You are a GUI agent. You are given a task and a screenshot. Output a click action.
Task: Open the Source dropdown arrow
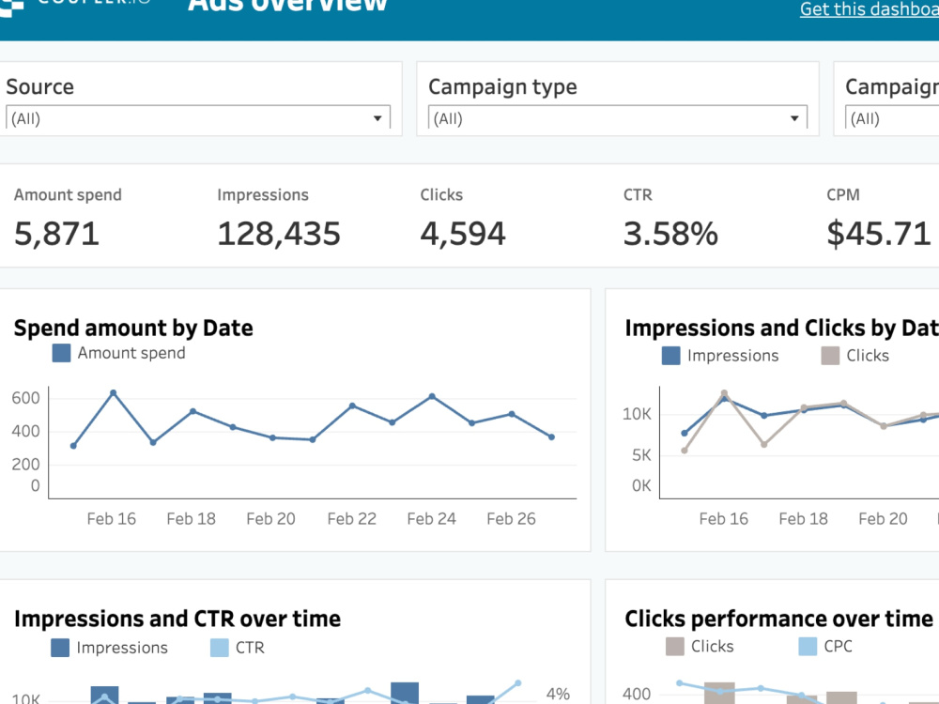coord(377,119)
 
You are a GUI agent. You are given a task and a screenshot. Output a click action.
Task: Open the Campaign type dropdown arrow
coord(794,119)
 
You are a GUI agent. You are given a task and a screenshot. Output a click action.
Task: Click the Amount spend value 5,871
coord(56,234)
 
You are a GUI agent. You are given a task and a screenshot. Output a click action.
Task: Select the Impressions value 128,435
coord(279,234)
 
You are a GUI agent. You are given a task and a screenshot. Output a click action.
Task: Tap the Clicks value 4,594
coord(463,234)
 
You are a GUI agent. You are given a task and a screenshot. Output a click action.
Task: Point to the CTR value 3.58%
coord(670,234)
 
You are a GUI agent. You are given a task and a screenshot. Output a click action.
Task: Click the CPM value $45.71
coord(879,234)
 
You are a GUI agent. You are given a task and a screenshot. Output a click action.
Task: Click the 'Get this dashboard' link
coord(869,9)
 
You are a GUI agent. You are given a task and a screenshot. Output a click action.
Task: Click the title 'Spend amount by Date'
coord(133,328)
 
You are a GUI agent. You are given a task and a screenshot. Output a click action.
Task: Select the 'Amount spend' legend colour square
coord(61,354)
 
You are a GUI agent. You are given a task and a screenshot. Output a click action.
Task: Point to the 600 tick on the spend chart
coord(26,398)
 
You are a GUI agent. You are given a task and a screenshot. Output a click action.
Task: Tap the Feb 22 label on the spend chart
coord(351,519)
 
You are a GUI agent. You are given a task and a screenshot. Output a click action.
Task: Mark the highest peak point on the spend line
coord(114,392)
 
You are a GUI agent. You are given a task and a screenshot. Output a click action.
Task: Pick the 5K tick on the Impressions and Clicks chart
coord(640,455)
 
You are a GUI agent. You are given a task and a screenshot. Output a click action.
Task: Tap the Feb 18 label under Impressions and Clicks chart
coord(804,519)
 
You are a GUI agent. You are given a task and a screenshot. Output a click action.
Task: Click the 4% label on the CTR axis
coord(558,695)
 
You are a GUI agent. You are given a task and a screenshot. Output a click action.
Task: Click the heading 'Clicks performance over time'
coord(778,619)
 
